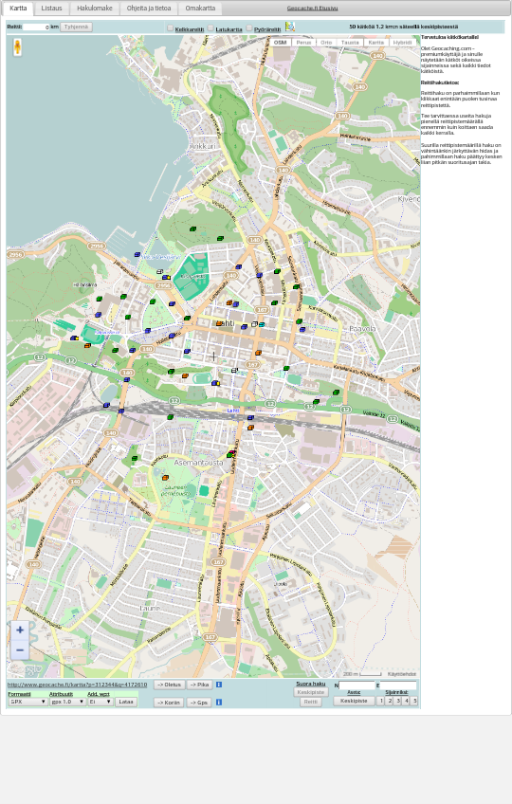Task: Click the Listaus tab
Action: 51,9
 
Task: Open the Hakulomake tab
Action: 95,9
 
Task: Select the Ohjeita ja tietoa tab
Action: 149,9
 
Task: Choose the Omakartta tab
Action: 200,9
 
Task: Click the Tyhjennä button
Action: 76,27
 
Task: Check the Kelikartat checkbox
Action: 171,28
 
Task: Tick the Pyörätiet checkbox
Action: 249,28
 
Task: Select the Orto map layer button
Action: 326,43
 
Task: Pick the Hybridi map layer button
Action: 402,43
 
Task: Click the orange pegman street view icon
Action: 17,47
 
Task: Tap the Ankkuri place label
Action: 202,146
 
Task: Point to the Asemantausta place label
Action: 199,463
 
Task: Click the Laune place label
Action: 150,608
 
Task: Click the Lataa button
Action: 126,702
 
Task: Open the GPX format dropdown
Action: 27,702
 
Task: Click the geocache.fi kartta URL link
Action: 77,685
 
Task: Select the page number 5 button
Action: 414,701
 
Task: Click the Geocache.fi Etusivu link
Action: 312,9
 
